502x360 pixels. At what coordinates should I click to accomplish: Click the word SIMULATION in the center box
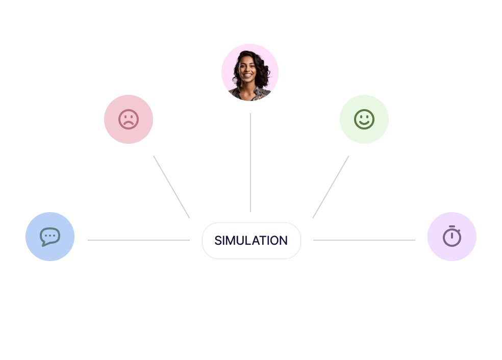pyautogui.click(x=250, y=241)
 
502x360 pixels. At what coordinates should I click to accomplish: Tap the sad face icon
pyautogui.click(x=129, y=120)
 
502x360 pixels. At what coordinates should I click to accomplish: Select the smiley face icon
pyautogui.click(x=364, y=119)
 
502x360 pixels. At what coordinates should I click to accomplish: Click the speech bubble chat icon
pyautogui.click(x=50, y=237)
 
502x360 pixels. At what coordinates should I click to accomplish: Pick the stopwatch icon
pyautogui.click(x=451, y=237)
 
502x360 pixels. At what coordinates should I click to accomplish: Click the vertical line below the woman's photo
pyautogui.click(x=251, y=161)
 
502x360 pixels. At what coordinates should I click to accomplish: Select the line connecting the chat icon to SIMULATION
pyautogui.click(x=138, y=239)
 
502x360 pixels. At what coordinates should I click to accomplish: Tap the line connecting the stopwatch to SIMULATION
pyautogui.click(x=363, y=239)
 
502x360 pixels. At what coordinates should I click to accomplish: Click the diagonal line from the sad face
pyautogui.click(x=171, y=187)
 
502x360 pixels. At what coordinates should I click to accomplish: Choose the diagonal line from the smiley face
pyautogui.click(x=331, y=187)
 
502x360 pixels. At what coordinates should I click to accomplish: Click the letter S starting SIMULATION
pyautogui.click(x=218, y=241)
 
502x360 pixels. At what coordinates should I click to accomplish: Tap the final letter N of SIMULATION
pyautogui.click(x=283, y=241)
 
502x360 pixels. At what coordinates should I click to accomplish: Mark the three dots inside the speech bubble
pyautogui.click(x=50, y=236)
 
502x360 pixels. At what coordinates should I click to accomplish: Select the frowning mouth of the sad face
pyautogui.click(x=129, y=124)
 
